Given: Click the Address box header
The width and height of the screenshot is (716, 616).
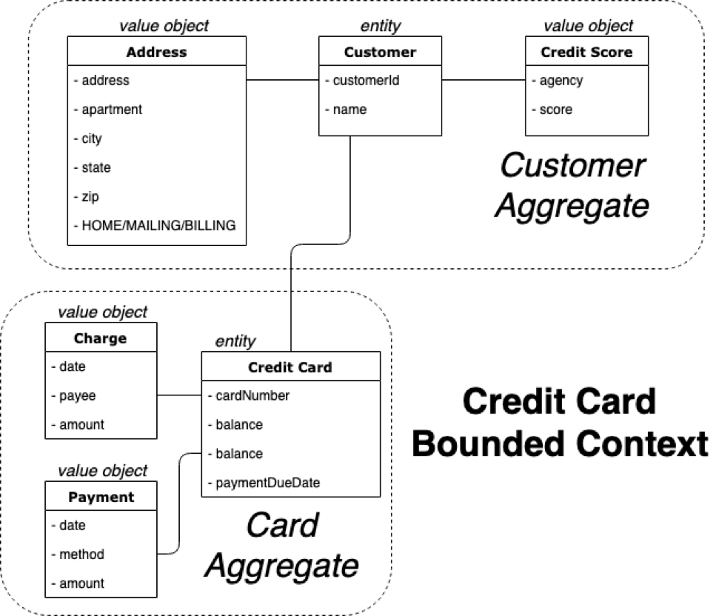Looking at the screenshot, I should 156,52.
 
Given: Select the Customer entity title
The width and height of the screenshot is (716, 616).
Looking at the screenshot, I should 380,52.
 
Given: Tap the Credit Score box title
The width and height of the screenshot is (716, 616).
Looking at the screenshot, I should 586,52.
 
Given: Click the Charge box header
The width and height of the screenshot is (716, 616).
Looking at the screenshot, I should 101,339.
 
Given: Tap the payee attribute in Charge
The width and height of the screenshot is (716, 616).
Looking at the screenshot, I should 76,396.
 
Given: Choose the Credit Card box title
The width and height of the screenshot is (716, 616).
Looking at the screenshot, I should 290,367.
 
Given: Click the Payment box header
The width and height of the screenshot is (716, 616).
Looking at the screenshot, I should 101,497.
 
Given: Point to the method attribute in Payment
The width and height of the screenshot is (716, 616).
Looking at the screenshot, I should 81,555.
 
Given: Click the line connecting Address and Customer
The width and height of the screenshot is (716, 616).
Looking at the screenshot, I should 282,79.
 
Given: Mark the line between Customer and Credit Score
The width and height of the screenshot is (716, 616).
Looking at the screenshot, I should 483,79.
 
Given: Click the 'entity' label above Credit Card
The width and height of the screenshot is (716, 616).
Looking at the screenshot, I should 235,341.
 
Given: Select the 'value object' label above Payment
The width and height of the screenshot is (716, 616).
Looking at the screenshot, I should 102,471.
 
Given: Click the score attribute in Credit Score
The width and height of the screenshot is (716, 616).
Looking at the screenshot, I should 555,110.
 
